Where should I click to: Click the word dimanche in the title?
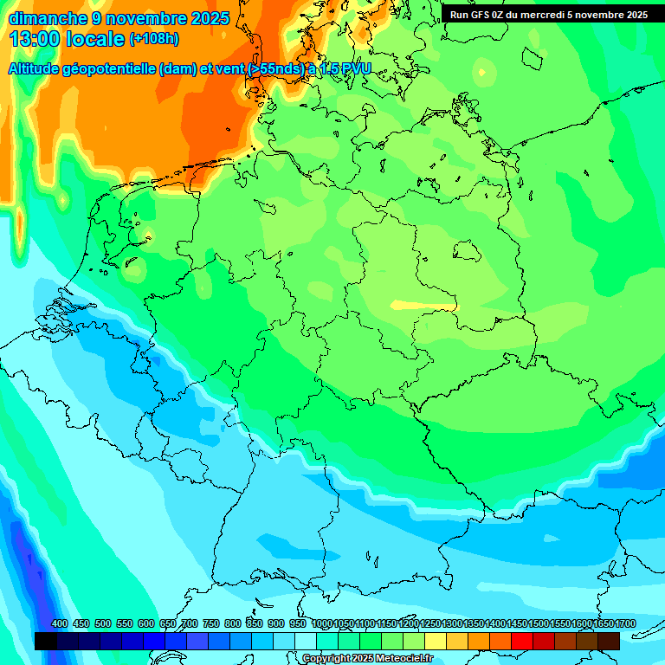click(48, 18)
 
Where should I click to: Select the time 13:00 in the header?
click(37, 39)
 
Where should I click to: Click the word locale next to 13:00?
click(97, 39)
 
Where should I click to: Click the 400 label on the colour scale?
click(60, 623)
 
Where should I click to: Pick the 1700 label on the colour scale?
click(624, 623)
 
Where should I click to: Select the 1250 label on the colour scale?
click(429, 623)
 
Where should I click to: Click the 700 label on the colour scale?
click(190, 623)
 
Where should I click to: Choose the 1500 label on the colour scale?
click(538, 623)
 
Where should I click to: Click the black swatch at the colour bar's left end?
click(46, 641)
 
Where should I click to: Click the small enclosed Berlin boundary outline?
click(468, 251)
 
